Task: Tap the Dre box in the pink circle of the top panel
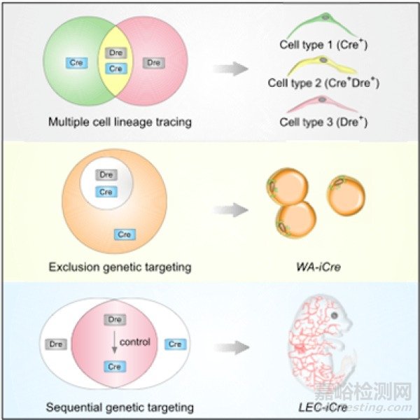(153, 63)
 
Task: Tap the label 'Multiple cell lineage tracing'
(120, 122)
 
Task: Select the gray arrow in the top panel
(230, 69)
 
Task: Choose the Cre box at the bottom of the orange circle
(125, 234)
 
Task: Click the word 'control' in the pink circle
(135, 343)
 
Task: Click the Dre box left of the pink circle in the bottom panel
(56, 344)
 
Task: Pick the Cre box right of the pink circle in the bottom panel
(174, 344)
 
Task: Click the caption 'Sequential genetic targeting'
(120, 406)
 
